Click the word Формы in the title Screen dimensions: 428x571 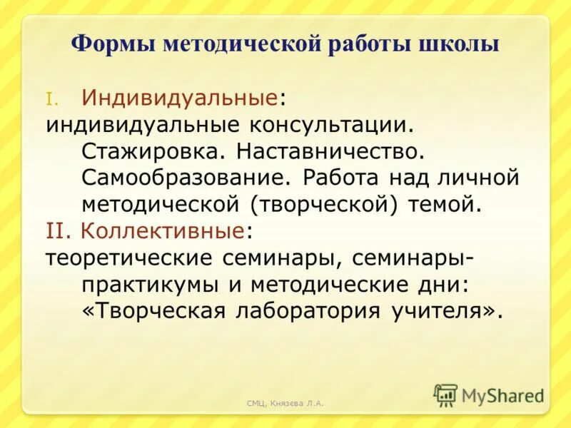tap(114, 44)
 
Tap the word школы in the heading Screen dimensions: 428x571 tap(459, 44)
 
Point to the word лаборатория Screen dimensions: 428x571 tap(309, 312)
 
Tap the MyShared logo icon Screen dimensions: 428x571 tap(446, 394)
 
